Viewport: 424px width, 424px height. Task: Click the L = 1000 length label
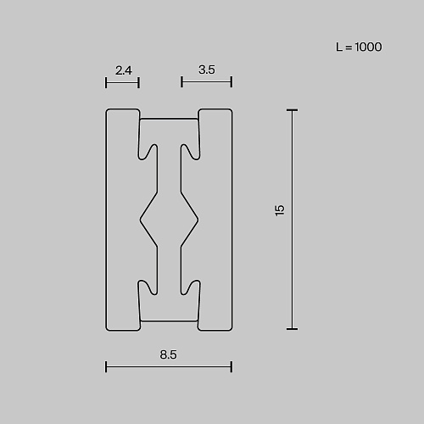pos(359,47)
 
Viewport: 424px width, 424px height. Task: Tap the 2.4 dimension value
pos(124,70)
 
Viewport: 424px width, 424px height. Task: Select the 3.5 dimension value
pos(207,70)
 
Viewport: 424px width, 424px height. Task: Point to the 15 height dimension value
pos(279,210)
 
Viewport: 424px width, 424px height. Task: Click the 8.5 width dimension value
pos(168,354)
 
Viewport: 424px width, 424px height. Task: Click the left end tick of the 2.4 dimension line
pos(106,83)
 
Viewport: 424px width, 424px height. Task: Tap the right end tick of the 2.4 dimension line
pos(138,83)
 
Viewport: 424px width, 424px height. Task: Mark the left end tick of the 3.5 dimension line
pos(181,82)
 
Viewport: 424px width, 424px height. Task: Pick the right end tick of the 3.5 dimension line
pos(232,82)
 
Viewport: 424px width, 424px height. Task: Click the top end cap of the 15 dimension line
pos(292,110)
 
